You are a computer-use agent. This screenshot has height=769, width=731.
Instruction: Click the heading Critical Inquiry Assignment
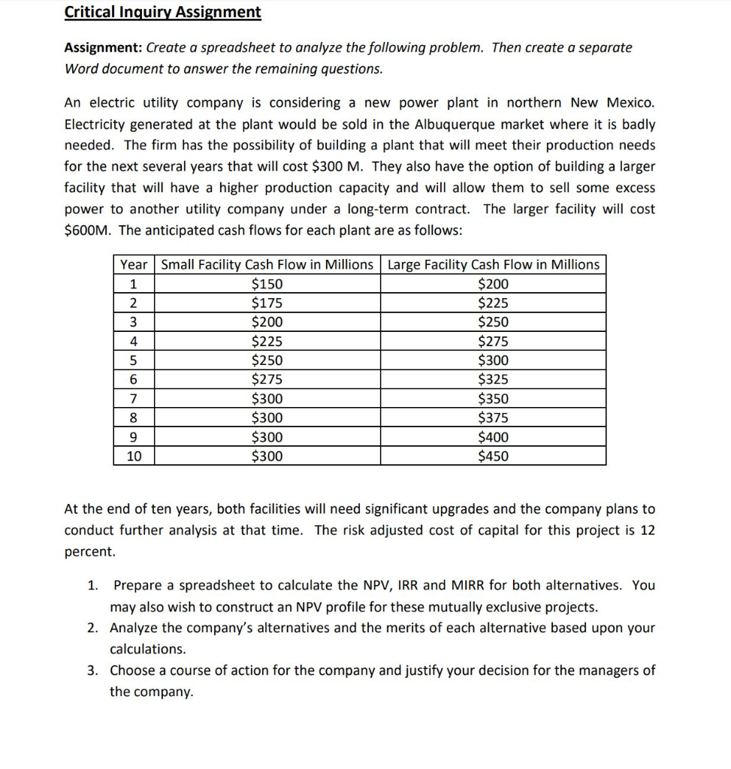[x=163, y=13]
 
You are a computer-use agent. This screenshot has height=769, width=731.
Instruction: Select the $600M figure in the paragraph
[x=87, y=231]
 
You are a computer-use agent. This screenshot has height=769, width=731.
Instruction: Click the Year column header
[x=134, y=264]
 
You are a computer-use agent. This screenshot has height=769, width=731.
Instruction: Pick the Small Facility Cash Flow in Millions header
[x=267, y=264]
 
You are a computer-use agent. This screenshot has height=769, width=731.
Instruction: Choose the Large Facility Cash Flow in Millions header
[x=493, y=264]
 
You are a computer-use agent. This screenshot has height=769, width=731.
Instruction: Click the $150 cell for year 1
[x=267, y=284]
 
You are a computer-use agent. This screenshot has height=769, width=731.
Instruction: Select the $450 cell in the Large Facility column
[x=493, y=456]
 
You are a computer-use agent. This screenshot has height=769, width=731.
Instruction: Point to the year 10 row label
[x=134, y=456]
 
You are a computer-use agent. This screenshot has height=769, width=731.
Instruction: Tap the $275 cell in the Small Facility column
[x=267, y=379]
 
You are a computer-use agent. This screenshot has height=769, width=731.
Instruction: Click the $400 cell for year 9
[x=493, y=437]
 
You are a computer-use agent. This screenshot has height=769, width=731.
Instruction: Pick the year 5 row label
[x=134, y=360]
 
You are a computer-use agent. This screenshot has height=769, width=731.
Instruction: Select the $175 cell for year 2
[x=267, y=303]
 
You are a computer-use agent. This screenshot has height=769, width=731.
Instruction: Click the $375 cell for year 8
[x=493, y=418]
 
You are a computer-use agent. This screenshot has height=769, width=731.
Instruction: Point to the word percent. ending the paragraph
[x=90, y=551]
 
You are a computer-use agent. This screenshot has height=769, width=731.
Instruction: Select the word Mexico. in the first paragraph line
[x=630, y=102]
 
